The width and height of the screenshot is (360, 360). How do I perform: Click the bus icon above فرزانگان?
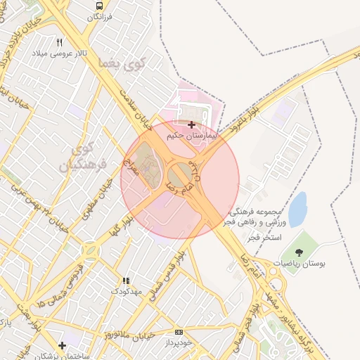[98, 6]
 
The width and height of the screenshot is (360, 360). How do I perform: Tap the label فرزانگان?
[98, 16]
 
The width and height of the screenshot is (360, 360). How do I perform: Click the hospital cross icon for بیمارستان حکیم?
[191, 124]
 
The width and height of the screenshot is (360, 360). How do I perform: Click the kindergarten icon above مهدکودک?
[126, 281]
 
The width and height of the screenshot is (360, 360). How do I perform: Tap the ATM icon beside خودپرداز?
[179, 330]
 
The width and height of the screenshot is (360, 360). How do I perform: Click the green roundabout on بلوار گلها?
[91, 250]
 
